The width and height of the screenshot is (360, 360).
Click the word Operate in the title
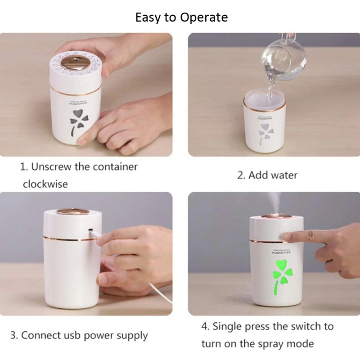point(204,18)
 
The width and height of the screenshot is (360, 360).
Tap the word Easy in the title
point(148,18)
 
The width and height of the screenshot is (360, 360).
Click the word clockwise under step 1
point(45,184)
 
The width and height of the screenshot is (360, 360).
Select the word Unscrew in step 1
point(51,166)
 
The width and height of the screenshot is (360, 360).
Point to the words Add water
point(273,175)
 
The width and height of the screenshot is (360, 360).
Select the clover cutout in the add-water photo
point(265,134)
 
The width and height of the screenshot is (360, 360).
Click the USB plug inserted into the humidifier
point(94,234)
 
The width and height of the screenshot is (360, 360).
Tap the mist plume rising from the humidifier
point(275,202)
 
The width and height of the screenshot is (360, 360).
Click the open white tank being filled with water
point(265,120)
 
